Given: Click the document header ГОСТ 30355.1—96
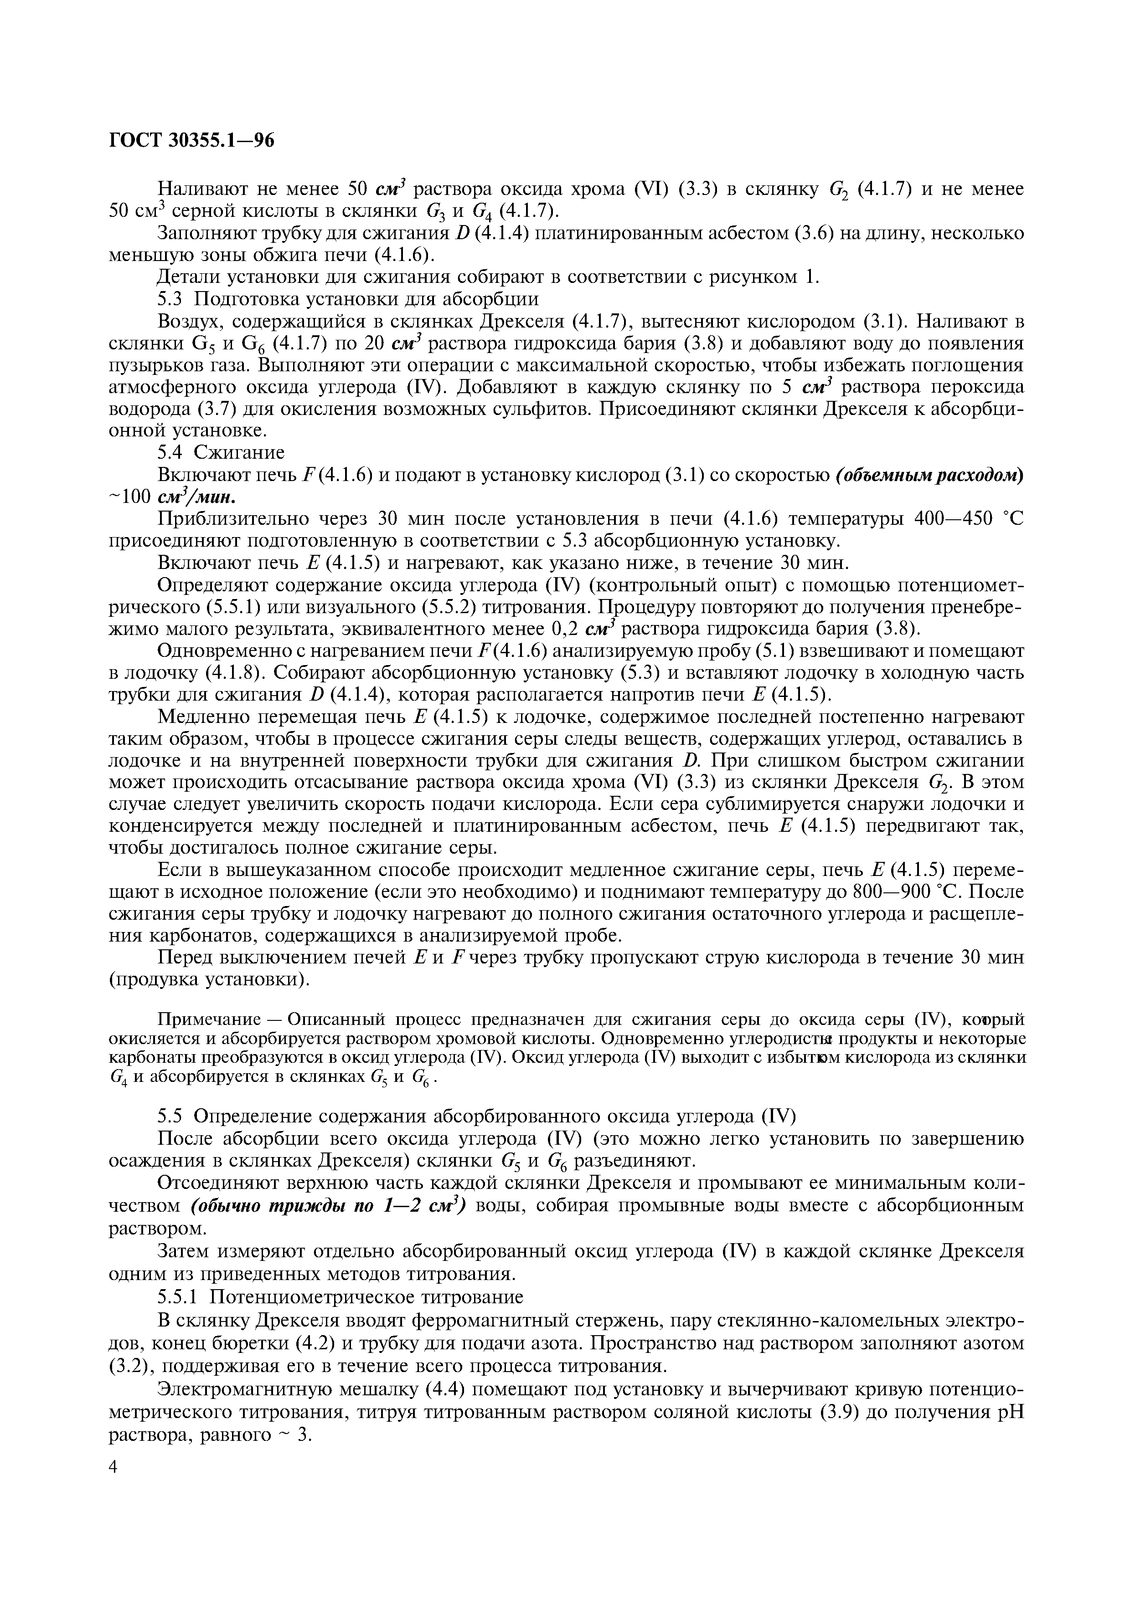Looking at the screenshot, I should point(192,141).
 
